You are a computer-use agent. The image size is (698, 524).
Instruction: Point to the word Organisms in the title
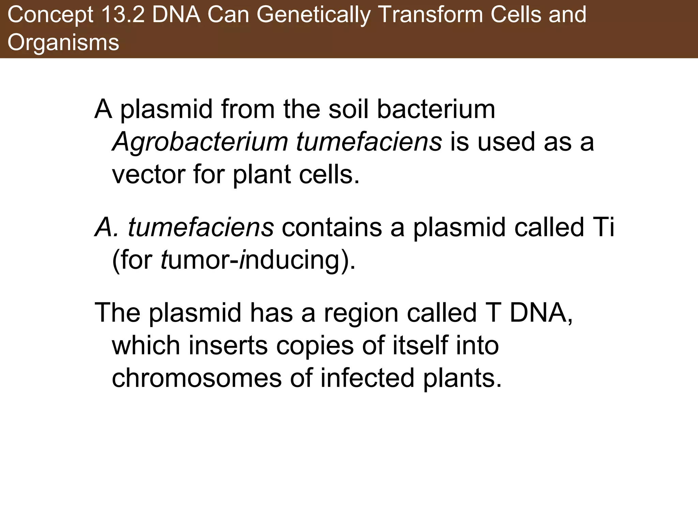[63, 43]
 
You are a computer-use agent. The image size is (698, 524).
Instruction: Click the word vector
[149, 174]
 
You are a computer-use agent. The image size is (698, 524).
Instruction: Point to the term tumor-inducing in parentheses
[257, 260]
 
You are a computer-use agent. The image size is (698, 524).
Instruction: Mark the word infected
[367, 378]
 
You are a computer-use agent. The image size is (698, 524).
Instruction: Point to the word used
[506, 142]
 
